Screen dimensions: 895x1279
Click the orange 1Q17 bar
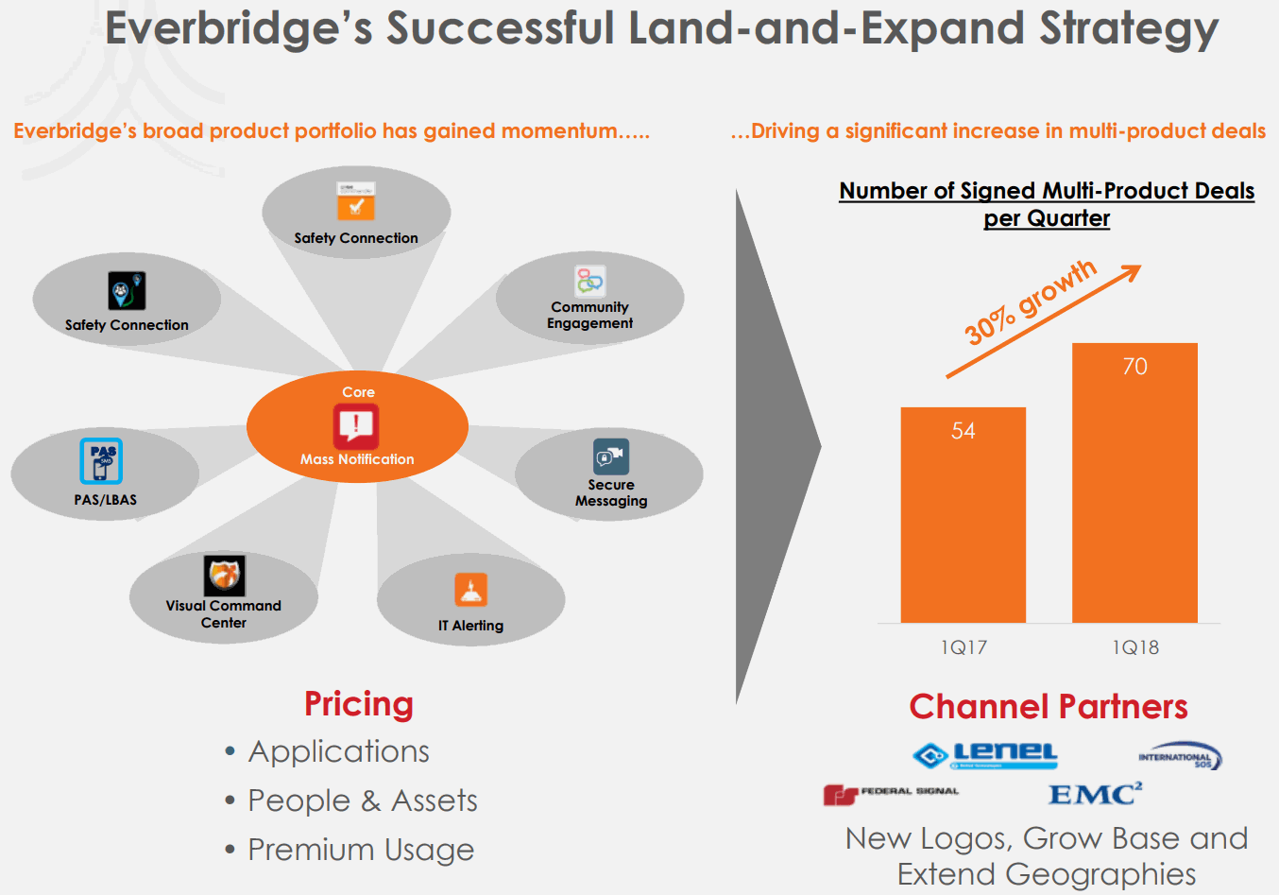[x=963, y=529]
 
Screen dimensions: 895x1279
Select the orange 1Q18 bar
[x=1134, y=501]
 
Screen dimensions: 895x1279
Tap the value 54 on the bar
[x=963, y=431]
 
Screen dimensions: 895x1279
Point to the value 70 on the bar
[x=1134, y=367]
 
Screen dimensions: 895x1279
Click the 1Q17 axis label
[x=963, y=647]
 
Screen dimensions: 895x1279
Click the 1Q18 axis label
[x=1134, y=647]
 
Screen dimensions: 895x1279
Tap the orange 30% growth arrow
[x=1044, y=321]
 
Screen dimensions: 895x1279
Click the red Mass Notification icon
[x=356, y=426]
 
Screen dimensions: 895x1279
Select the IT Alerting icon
[x=470, y=590]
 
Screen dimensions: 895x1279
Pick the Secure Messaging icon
[x=610, y=456]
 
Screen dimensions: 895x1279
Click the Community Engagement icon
[x=589, y=281]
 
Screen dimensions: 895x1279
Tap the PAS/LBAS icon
[x=101, y=461]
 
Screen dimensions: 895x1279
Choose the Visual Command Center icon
[x=224, y=575]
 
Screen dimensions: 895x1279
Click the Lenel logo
[x=984, y=754]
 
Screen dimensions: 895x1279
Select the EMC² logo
[x=1095, y=794]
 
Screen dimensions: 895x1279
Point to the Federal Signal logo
[x=890, y=794]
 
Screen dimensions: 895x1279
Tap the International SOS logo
[x=1180, y=756]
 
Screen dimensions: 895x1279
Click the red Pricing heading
[x=359, y=704]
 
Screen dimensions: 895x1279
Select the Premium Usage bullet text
[x=361, y=850]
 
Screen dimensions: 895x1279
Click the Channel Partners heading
[x=1048, y=706]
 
